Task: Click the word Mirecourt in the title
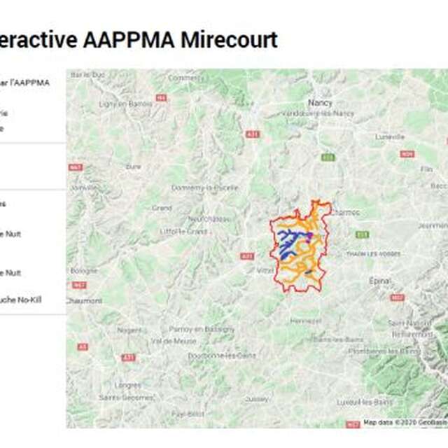click(229, 40)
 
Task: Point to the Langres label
click(127, 384)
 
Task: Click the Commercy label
click(184, 78)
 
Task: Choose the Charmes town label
click(344, 212)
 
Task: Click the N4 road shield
click(162, 98)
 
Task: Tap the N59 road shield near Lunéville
click(407, 153)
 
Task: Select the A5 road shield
click(83, 346)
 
